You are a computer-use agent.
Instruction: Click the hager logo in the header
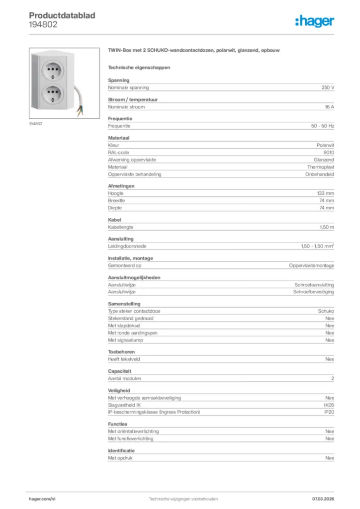pyautogui.click(x=314, y=21)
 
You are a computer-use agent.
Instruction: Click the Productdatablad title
pyautogui.click(x=62, y=15)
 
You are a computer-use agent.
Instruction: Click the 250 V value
pyautogui.click(x=328, y=87)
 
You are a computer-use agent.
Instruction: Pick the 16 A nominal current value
pyautogui.click(x=329, y=107)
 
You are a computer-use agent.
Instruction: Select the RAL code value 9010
pyautogui.click(x=329, y=153)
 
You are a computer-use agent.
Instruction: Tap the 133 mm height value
pyautogui.click(x=326, y=193)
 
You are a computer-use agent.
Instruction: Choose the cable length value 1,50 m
pyautogui.click(x=327, y=227)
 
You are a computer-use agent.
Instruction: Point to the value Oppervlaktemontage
pyautogui.click(x=312, y=266)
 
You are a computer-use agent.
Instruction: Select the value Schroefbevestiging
pyautogui.click(x=314, y=292)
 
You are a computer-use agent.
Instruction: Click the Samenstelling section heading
pyautogui.click(x=124, y=304)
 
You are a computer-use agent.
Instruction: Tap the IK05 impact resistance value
pyautogui.click(x=329, y=405)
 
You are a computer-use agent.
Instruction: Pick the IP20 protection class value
pyautogui.click(x=329, y=412)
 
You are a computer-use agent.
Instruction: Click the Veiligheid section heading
pyautogui.click(x=119, y=391)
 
